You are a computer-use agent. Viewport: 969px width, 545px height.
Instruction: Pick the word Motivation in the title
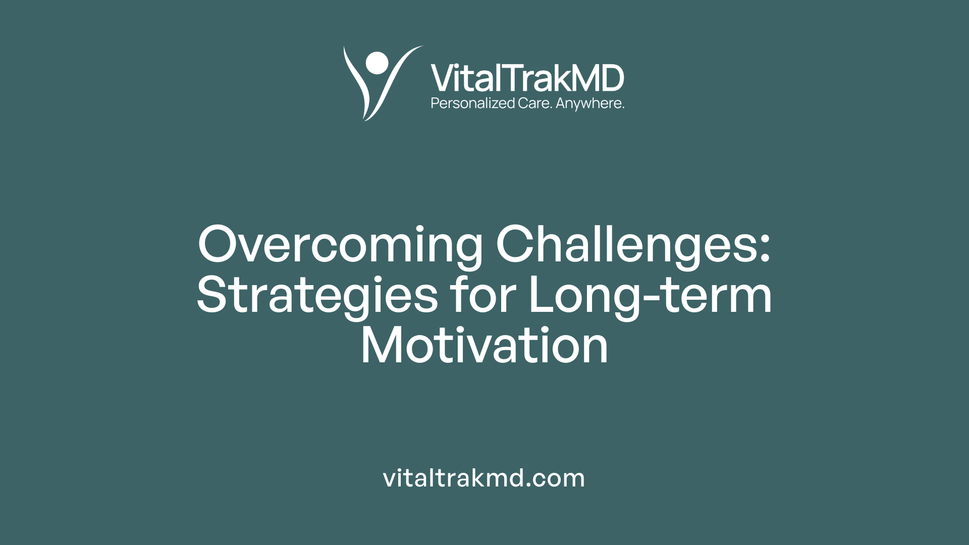(484, 346)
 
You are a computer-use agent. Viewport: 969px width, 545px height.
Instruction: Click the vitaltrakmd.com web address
(484, 478)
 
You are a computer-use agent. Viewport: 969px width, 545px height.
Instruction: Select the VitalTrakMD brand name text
(527, 78)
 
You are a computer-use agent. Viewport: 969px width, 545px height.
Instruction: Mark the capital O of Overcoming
(218, 244)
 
